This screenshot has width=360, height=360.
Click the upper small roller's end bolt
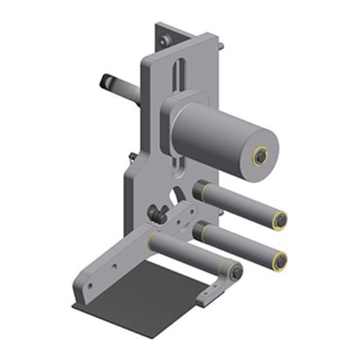pos(281,220)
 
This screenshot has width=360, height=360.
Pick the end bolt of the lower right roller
pos(281,260)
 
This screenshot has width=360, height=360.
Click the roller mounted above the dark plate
pos(191,253)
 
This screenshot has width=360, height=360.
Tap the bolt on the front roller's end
pos(235,271)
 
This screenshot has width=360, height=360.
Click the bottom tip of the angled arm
pos(85,297)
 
